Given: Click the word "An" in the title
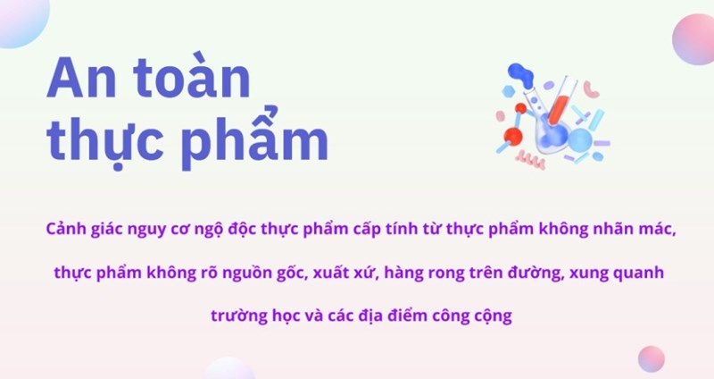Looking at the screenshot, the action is point(81,79).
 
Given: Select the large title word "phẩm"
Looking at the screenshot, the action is point(257,136).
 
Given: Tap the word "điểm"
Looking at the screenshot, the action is point(407,315).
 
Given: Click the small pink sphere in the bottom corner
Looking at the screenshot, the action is point(652,359).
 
